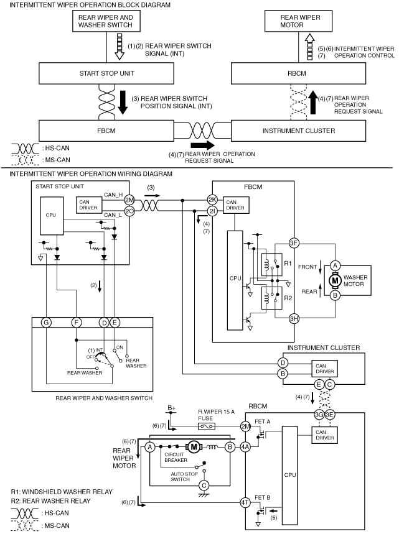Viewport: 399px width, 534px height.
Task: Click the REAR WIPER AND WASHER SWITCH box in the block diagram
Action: point(105,21)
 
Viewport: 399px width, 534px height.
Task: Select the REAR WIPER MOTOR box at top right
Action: point(298,21)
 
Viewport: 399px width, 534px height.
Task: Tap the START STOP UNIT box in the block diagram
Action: point(106,73)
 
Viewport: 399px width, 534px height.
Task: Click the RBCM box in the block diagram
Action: point(298,73)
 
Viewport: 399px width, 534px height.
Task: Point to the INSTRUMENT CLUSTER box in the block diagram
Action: point(298,131)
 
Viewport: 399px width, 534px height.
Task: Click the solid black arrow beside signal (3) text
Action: point(123,102)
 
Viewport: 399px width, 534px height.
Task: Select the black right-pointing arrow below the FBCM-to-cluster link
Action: point(202,145)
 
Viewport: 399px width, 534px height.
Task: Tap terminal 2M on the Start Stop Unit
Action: point(129,200)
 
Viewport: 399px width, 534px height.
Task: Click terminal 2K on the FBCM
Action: point(212,200)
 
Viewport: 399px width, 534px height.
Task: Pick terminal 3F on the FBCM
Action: point(294,243)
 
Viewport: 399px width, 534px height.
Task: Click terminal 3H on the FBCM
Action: point(294,318)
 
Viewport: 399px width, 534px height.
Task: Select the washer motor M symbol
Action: point(335,280)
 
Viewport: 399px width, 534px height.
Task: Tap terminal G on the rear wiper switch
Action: point(46,322)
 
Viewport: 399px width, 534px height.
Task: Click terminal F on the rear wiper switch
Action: point(77,322)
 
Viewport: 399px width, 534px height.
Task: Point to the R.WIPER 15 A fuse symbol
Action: point(206,426)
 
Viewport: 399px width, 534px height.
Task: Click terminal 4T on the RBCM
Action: point(245,502)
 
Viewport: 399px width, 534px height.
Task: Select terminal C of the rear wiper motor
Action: point(204,486)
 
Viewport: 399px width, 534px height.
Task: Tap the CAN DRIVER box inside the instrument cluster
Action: point(325,369)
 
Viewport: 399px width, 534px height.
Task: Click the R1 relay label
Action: point(288,263)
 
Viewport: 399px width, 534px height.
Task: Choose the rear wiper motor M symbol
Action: point(194,447)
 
